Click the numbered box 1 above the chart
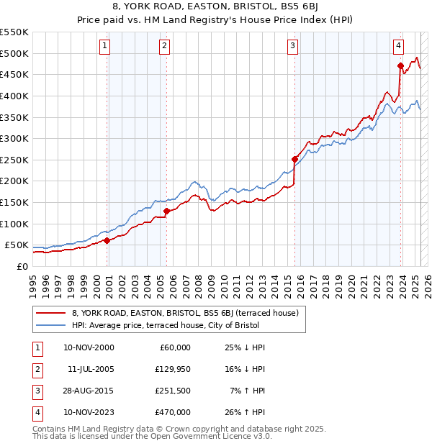[x=105, y=46]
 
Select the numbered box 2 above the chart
[x=165, y=46]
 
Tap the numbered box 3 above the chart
[x=293, y=46]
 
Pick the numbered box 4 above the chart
[x=398, y=46]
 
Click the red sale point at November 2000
[x=107, y=240]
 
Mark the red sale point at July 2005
[x=166, y=211]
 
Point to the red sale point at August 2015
[x=294, y=159]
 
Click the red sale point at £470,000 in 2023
[x=400, y=65]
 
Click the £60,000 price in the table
[x=175, y=347]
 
